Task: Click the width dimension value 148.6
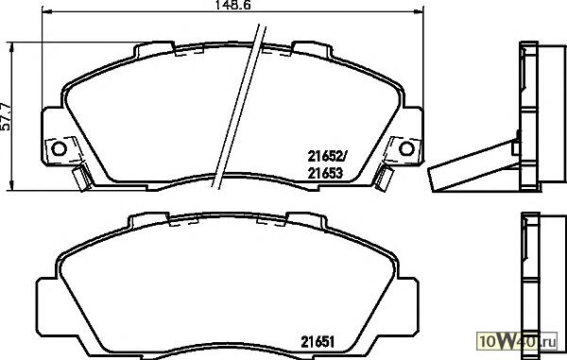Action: [232, 5]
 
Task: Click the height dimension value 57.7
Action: [6, 117]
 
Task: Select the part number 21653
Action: [325, 174]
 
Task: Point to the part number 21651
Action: [318, 341]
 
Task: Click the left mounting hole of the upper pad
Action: [59, 148]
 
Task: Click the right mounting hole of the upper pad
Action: [406, 148]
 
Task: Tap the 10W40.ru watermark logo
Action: [517, 340]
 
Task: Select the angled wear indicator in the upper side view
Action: [473, 166]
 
